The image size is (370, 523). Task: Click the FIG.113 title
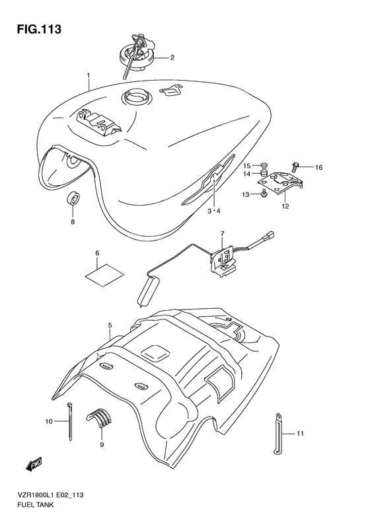pos(39,29)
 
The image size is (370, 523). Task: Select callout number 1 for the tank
pos(89,76)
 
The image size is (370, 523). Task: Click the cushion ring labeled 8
pos(73,200)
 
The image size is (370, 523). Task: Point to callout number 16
pos(318,167)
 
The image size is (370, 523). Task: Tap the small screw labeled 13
pos(264,193)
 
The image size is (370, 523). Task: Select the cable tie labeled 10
pos(69,422)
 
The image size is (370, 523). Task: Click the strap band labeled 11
pos(279,433)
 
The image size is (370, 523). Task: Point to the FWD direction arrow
pos(34,464)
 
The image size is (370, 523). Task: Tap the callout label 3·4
pos(213,211)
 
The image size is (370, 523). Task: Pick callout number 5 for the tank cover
pos(110,325)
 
